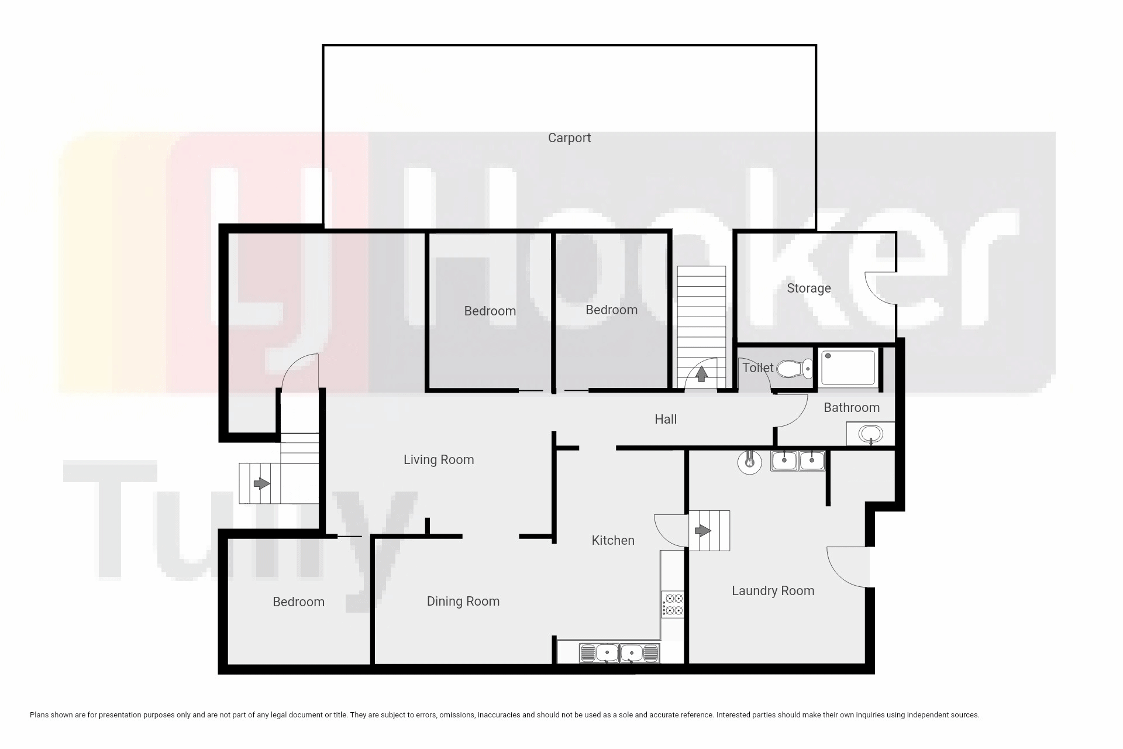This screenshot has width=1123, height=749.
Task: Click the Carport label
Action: pyautogui.click(x=569, y=138)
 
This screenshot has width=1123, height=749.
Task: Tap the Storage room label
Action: pyautogui.click(x=808, y=288)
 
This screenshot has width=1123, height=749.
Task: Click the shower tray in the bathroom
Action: pyautogui.click(x=848, y=367)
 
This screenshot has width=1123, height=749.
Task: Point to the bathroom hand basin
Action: pyautogui.click(x=870, y=434)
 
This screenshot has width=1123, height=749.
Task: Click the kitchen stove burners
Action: pyautogui.click(x=673, y=604)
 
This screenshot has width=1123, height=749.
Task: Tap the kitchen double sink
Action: pyautogui.click(x=619, y=653)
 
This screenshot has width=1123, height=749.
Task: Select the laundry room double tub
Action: pyautogui.click(x=798, y=461)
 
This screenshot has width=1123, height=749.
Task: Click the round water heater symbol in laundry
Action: pyautogui.click(x=749, y=462)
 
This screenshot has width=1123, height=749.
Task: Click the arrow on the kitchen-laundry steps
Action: pyautogui.click(x=702, y=531)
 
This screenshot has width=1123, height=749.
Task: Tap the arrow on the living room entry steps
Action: pyautogui.click(x=261, y=484)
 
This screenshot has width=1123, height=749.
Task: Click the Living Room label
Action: pyautogui.click(x=439, y=460)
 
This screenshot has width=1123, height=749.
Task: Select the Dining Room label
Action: pyautogui.click(x=463, y=602)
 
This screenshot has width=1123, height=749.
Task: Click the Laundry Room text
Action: pyautogui.click(x=773, y=591)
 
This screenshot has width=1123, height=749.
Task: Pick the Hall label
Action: pyautogui.click(x=666, y=420)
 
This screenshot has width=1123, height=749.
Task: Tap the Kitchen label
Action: pyautogui.click(x=613, y=541)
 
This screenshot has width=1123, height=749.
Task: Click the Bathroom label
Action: pyautogui.click(x=852, y=408)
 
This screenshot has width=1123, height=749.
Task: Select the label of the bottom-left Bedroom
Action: pyautogui.click(x=298, y=602)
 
